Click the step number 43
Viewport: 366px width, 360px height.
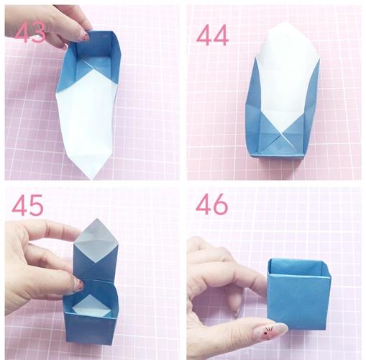click(30, 32)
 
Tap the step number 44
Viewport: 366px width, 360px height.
click(212, 35)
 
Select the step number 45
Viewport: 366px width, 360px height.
click(27, 204)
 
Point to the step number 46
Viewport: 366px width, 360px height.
click(212, 204)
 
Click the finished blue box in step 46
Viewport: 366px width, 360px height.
click(299, 294)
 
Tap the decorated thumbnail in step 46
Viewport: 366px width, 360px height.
click(270, 330)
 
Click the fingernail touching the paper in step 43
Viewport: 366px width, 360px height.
click(84, 36)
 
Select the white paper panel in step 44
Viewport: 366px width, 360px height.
click(287, 79)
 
